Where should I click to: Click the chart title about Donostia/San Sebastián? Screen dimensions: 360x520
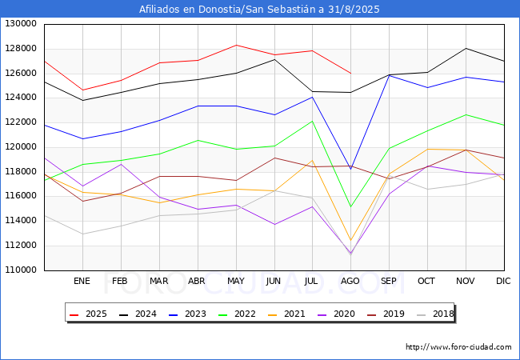click(x=259, y=10)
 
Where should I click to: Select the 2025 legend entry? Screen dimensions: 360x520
click(x=90, y=314)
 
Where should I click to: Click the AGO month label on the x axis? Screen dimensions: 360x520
click(x=350, y=281)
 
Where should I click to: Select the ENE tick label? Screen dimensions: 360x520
click(x=82, y=281)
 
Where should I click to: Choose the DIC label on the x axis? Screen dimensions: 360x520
click(x=503, y=281)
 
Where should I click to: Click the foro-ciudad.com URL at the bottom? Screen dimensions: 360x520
click(x=458, y=347)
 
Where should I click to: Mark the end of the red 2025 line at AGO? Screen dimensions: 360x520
click(x=350, y=74)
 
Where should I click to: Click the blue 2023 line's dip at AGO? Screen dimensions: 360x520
click(x=350, y=168)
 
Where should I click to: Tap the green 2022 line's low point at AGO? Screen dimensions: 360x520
click(x=350, y=206)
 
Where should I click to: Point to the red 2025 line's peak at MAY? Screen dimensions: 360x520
click(x=236, y=45)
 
